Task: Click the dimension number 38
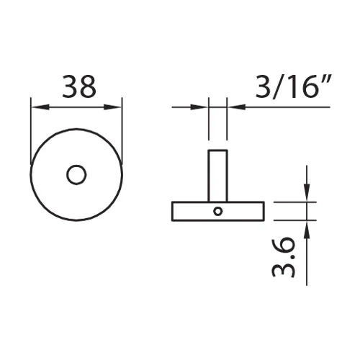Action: point(79,86)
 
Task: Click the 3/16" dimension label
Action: point(293,86)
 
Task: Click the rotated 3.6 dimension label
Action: point(284,258)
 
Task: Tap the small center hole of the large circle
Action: point(76,175)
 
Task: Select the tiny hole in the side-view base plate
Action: point(217,212)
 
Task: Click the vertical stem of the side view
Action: point(217,176)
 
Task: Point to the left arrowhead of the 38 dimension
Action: point(40,107)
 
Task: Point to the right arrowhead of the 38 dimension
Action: point(112,107)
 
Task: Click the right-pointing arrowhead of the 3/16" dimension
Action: point(199,107)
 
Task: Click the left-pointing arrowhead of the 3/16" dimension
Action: point(237,107)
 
